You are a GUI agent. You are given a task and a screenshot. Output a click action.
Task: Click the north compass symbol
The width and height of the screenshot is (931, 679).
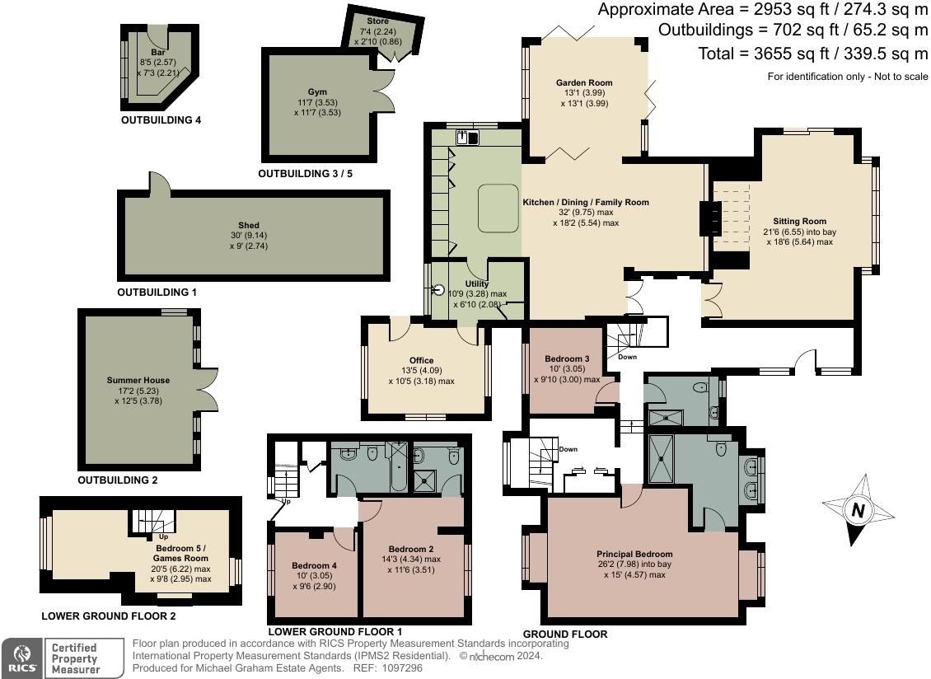pyautogui.click(x=858, y=510)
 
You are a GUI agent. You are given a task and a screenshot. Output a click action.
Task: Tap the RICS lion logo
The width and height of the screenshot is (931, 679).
pyautogui.click(x=22, y=658)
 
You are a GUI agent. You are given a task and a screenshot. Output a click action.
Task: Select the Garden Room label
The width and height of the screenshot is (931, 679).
pyautogui.click(x=584, y=83)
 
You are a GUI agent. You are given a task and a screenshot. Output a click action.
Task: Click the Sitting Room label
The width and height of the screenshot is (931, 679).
pyautogui.click(x=799, y=221)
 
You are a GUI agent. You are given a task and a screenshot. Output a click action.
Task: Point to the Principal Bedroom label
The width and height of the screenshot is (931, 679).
pyautogui.click(x=634, y=554)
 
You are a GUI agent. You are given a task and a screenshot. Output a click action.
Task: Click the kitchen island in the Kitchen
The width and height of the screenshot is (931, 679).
pyautogui.click(x=498, y=208)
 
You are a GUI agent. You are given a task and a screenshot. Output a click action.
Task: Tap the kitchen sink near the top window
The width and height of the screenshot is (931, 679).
pyautogui.click(x=468, y=138)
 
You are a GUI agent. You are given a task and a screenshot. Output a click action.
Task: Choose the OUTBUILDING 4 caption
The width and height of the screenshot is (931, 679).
pyautogui.click(x=161, y=120)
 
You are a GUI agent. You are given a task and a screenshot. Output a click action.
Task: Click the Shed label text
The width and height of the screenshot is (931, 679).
pyautogui.click(x=249, y=225)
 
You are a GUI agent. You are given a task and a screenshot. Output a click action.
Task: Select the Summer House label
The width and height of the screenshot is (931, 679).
pyautogui.click(x=138, y=380)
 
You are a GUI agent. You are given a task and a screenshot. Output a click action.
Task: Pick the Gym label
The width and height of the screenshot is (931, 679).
pyautogui.click(x=317, y=92)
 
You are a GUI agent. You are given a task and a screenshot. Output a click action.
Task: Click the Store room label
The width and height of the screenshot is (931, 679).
pyautogui.click(x=377, y=21)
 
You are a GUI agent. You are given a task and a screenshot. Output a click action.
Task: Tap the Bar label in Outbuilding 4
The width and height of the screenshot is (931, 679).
pyautogui.click(x=158, y=53)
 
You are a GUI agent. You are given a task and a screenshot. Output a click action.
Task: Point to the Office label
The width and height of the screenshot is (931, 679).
pyautogui.click(x=422, y=361)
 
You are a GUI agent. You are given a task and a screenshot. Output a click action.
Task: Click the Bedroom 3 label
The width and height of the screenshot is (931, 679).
pyautogui.click(x=567, y=358)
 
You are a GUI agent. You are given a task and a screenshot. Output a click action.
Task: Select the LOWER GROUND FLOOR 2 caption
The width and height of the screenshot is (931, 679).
pyautogui.click(x=109, y=616)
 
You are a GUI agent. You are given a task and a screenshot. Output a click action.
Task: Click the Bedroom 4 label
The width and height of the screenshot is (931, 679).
pyautogui.click(x=314, y=565)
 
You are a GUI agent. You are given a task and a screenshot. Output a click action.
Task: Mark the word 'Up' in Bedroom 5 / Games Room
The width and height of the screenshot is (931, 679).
pyautogui.click(x=164, y=537)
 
